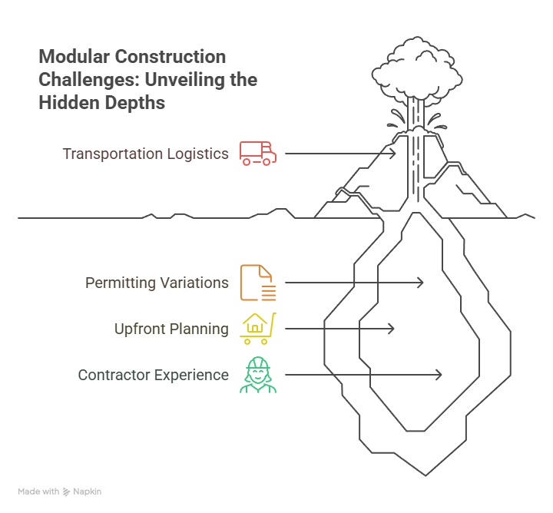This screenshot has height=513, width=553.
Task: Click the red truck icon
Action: pyautogui.click(x=257, y=154)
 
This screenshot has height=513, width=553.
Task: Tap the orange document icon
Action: pyautogui.click(x=257, y=283)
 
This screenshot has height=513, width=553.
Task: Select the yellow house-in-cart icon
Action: pyautogui.click(x=258, y=329)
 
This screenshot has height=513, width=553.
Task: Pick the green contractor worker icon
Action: pyautogui.click(x=257, y=375)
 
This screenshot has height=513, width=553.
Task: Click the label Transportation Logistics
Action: pyautogui.click(x=145, y=154)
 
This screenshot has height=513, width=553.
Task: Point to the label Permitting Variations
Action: pyautogui.click(x=157, y=283)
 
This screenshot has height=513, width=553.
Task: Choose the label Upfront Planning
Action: pyautogui.click(x=171, y=329)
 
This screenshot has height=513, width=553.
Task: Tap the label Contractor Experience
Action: pyautogui.click(x=153, y=375)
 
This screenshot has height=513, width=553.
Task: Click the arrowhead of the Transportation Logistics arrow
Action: pyautogui.click(x=392, y=154)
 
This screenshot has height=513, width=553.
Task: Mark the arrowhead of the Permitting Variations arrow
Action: pyautogui.click(x=420, y=283)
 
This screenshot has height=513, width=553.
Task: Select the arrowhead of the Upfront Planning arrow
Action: pyautogui.click(x=391, y=329)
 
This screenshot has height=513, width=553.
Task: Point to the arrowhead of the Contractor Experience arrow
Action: pyautogui.click(x=439, y=375)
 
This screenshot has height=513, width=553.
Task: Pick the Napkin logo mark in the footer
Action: pyautogui.click(x=67, y=491)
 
